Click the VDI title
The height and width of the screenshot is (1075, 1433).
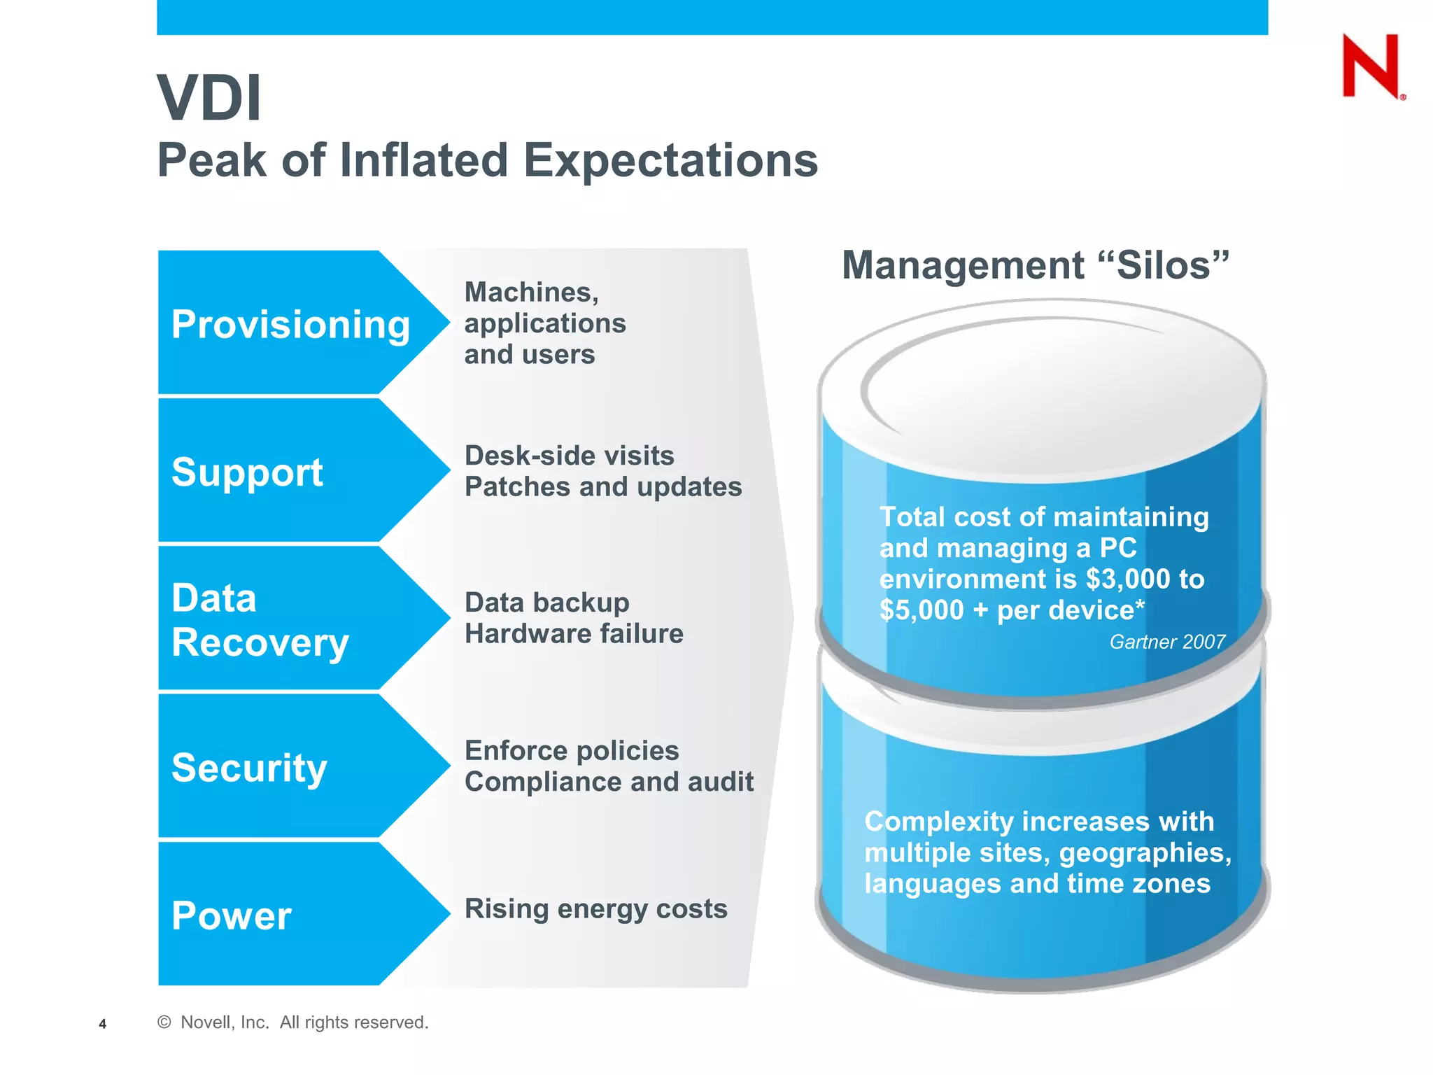(209, 98)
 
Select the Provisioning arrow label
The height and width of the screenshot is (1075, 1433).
(290, 325)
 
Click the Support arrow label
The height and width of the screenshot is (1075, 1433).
(247, 472)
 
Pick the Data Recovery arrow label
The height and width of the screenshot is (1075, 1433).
(259, 620)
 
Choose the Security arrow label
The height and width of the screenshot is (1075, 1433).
(249, 768)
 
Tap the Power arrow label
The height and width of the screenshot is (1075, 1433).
(231, 915)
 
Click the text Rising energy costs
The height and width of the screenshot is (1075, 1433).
(595, 909)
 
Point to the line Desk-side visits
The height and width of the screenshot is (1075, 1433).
(569, 456)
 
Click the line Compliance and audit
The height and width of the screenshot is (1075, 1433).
(609, 782)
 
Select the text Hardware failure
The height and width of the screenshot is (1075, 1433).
(574, 634)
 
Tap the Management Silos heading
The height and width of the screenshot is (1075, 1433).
(1035, 265)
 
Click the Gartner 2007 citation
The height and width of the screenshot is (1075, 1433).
(1166, 642)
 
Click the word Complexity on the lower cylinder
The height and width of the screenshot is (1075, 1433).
(938, 822)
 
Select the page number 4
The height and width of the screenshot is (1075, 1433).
(103, 1024)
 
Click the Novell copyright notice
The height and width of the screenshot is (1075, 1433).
(292, 1023)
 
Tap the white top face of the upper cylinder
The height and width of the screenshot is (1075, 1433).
(1043, 392)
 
